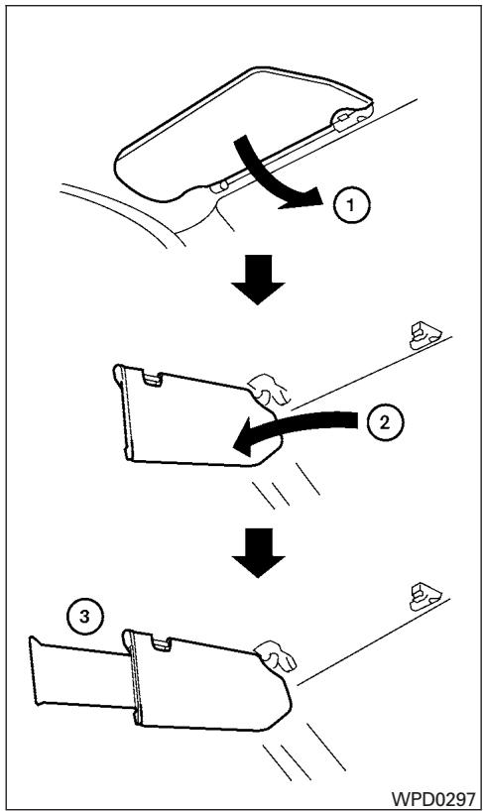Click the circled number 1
[351, 205]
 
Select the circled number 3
[85, 617]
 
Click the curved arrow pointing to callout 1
[264, 175]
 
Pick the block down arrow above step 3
[258, 552]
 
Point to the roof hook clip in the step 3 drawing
[424, 597]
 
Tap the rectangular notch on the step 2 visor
[152, 379]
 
